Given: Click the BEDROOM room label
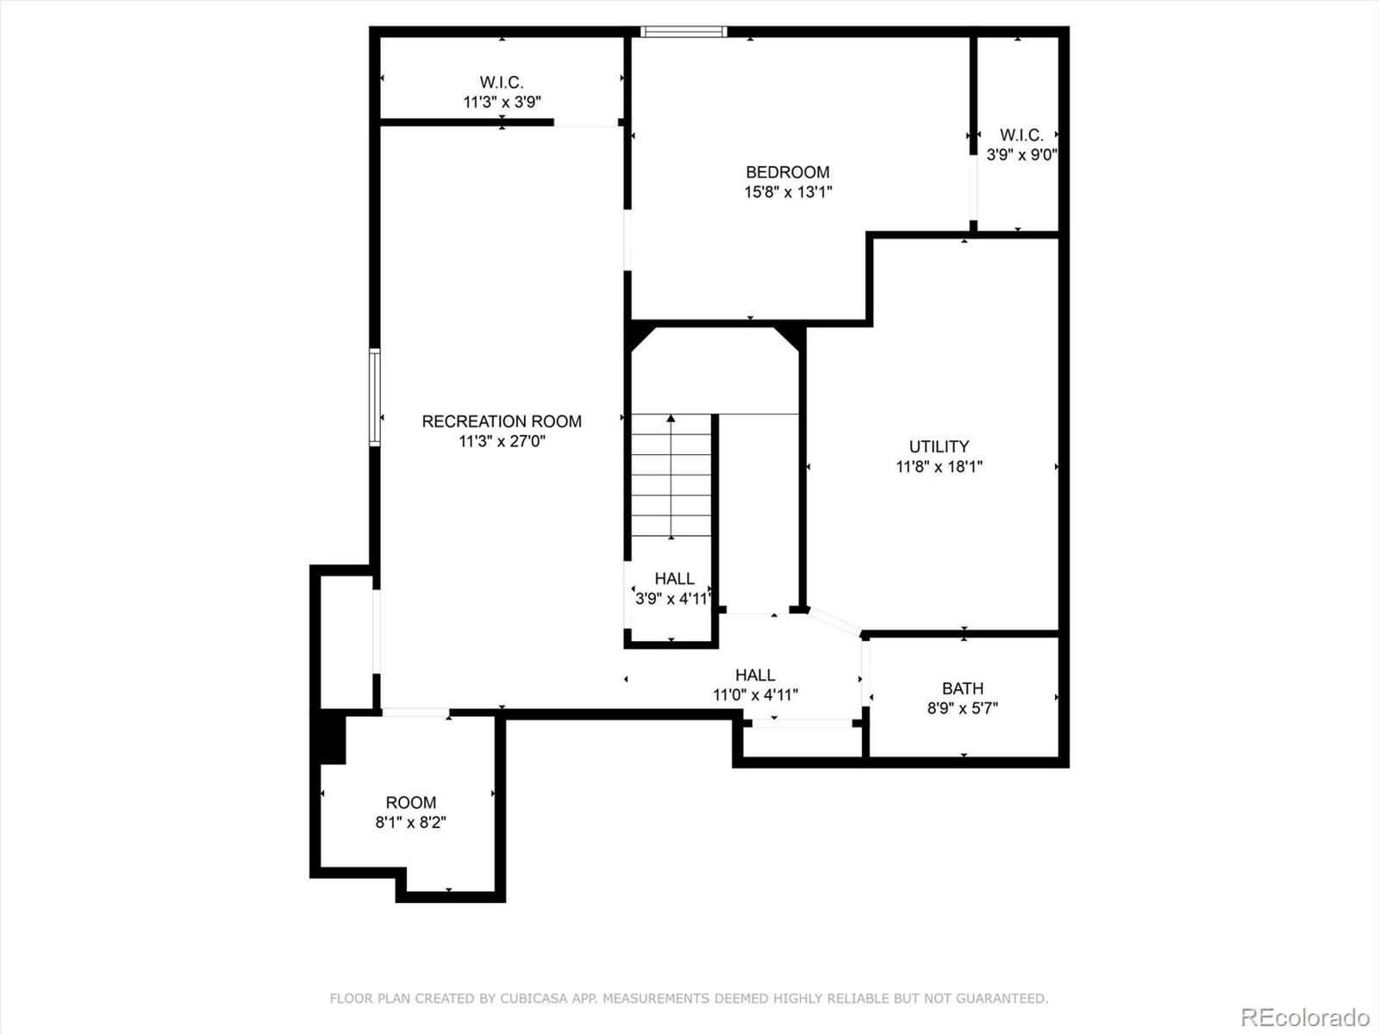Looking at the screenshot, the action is (787, 172).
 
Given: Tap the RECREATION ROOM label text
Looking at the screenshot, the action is (502, 421).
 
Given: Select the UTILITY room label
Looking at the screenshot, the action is (939, 446).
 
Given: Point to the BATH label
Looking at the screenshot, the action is (963, 688).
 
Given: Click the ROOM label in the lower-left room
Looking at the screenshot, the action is (410, 802).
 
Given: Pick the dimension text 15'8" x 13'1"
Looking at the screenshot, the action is (788, 192).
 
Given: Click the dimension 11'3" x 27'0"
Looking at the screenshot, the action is (502, 441).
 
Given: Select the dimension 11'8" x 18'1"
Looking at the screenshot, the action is (939, 466).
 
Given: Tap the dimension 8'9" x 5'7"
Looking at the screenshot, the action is (963, 708).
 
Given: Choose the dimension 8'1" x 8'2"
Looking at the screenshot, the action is (410, 822).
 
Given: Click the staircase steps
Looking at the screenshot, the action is (671, 476).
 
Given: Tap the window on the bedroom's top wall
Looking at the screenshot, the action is (683, 31).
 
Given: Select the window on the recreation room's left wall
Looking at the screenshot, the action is (374, 396).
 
